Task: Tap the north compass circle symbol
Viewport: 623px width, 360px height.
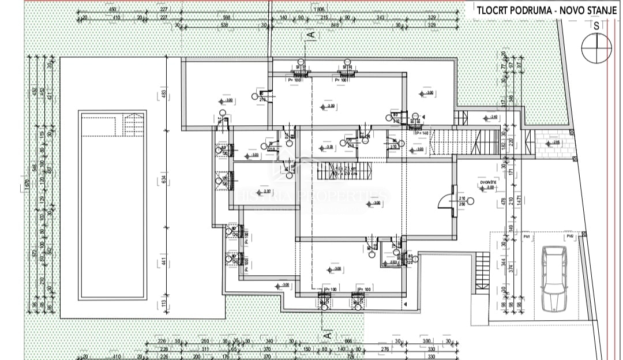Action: tap(596, 48)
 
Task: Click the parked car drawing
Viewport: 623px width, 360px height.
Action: tap(554, 279)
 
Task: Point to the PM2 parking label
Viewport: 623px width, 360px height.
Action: tap(569, 237)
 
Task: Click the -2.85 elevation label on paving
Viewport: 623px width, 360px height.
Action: tap(555, 142)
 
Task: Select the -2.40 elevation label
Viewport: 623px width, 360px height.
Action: tap(493, 117)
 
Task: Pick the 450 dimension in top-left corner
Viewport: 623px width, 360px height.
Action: tap(112, 10)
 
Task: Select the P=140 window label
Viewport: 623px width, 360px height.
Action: tap(422, 133)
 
